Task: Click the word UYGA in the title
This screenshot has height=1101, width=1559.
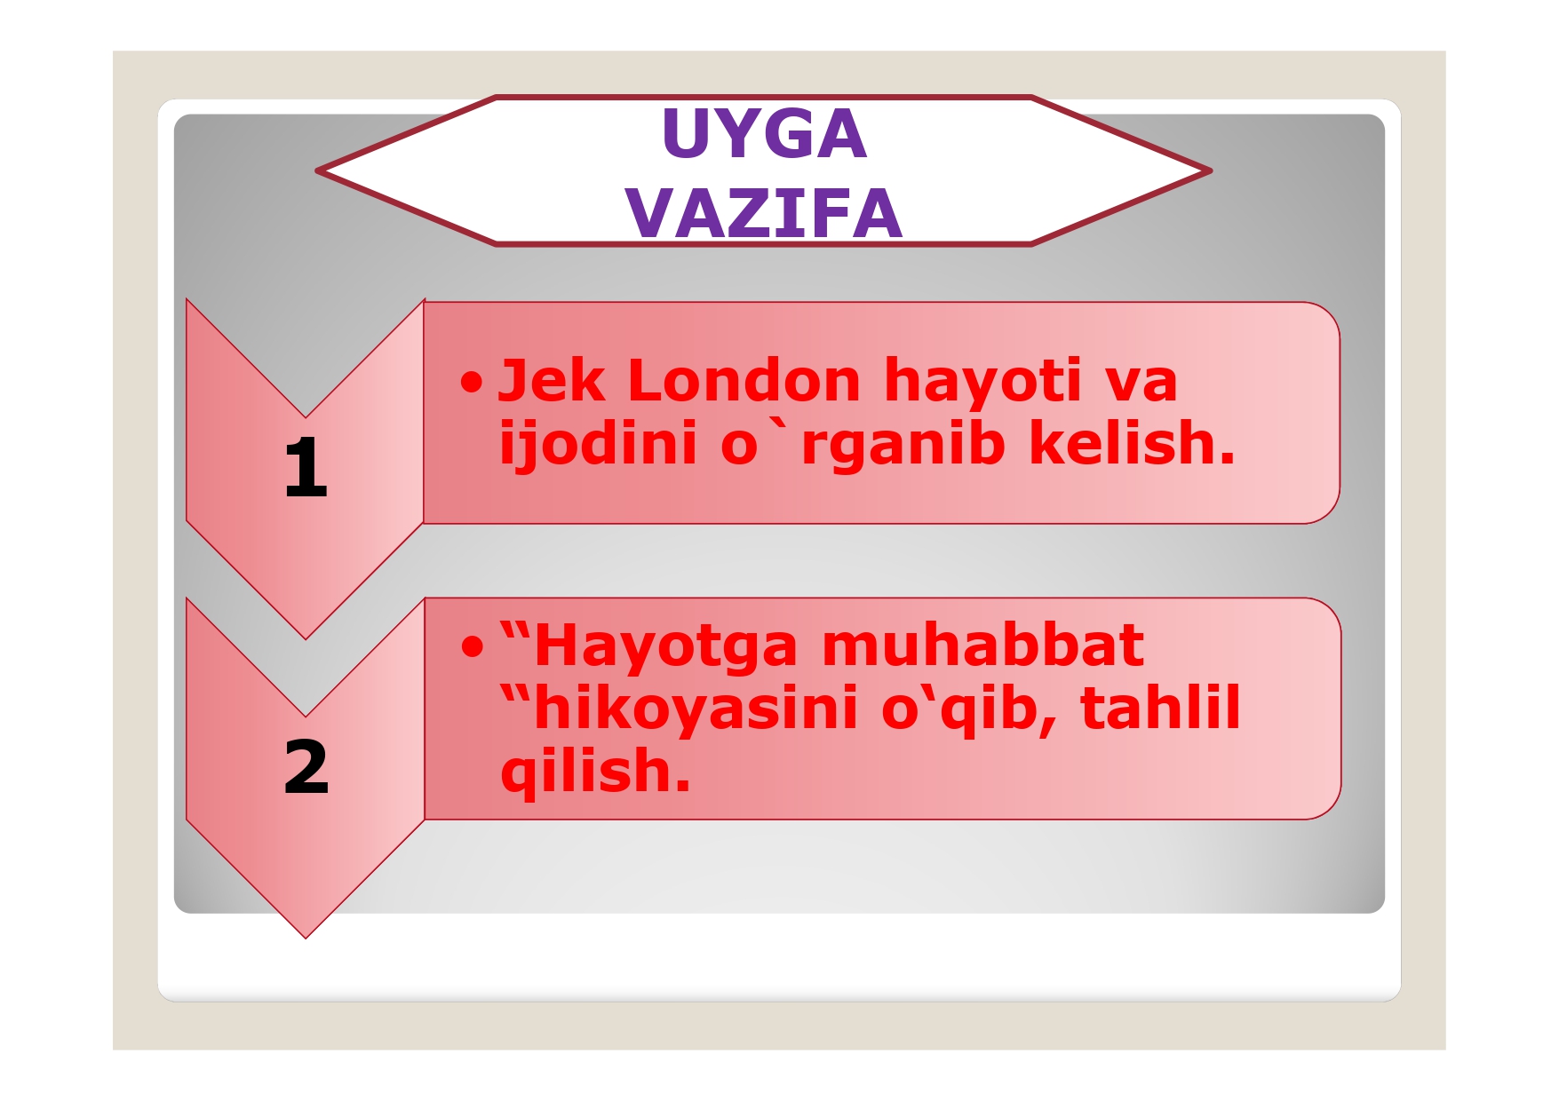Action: click(x=764, y=134)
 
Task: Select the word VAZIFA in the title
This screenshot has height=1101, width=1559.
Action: click(x=764, y=214)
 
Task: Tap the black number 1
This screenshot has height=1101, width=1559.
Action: click(x=306, y=468)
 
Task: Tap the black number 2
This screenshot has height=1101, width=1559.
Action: click(x=306, y=767)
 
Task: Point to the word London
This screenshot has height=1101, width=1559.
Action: click(x=744, y=381)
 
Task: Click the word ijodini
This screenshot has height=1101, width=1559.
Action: click(x=598, y=443)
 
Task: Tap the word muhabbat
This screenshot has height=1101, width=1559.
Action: click(x=982, y=646)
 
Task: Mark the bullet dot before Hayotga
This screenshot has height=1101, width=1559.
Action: click(x=473, y=648)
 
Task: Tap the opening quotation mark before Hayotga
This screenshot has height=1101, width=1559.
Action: click(x=514, y=633)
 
